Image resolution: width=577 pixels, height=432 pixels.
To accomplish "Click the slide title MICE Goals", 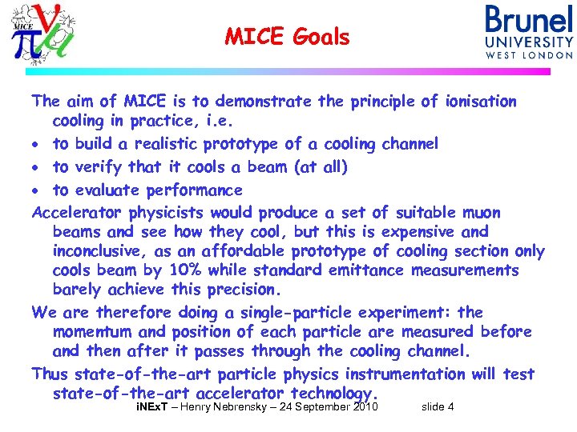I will (x=287, y=37).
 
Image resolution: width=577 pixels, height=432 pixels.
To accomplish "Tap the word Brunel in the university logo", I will (x=529, y=20).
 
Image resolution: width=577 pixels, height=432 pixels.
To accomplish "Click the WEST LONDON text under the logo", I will (x=529, y=55).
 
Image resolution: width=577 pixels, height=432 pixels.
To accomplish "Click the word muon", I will (x=481, y=213).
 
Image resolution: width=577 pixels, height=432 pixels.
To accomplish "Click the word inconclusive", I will (x=103, y=251).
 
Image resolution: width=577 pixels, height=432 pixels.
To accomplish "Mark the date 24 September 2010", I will (x=325, y=407).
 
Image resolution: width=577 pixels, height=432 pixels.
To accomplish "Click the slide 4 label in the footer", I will (x=438, y=407).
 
